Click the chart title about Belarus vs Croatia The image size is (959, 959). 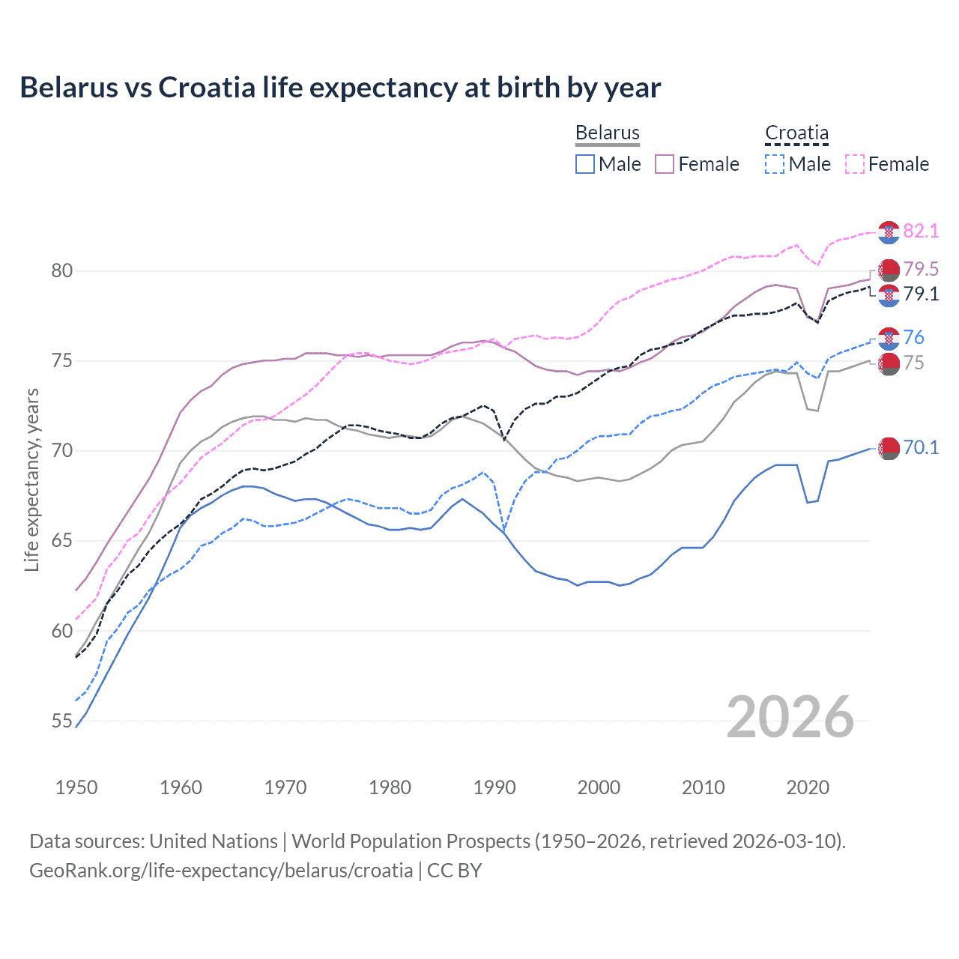(x=340, y=88)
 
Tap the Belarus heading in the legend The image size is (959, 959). (x=607, y=133)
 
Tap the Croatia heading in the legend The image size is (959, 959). (x=796, y=133)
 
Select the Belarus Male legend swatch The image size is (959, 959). (x=585, y=164)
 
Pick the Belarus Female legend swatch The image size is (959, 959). (x=665, y=164)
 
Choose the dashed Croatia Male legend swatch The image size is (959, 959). (x=775, y=164)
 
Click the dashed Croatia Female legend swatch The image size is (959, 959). (x=854, y=164)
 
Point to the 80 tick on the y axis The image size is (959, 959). (x=61, y=270)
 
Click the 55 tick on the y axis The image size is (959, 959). (x=61, y=721)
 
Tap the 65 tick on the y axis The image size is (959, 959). (x=61, y=541)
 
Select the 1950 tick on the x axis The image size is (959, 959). (x=76, y=787)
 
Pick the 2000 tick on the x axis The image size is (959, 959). (x=599, y=787)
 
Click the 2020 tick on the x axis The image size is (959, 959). (x=808, y=787)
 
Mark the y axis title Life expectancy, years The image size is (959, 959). (x=31, y=479)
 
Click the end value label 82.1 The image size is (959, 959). (x=921, y=231)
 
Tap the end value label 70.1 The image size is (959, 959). (x=921, y=447)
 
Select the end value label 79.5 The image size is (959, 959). (x=921, y=269)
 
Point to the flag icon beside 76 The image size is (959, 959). (x=889, y=339)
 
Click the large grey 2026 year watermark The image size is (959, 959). (x=790, y=717)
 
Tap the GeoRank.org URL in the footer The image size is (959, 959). (x=221, y=871)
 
